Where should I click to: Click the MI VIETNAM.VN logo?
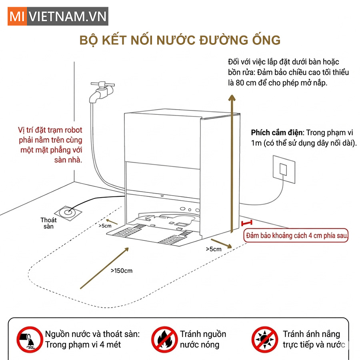click(x=58, y=16)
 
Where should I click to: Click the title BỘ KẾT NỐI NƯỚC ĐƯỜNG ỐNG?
click(x=180, y=40)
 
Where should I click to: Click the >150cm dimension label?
click(x=122, y=271)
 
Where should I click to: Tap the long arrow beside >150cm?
click(x=104, y=268)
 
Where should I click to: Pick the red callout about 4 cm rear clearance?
click(x=296, y=236)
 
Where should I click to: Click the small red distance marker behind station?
click(x=247, y=223)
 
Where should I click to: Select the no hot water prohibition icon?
click(x=164, y=339)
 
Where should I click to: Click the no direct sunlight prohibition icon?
click(x=264, y=339)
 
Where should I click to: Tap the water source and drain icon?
click(x=30, y=339)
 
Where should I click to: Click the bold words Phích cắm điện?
click(x=277, y=133)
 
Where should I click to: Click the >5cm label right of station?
click(x=213, y=249)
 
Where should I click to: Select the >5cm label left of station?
click(x=105, y=225)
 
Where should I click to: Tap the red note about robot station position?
click(x=50, y=144)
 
